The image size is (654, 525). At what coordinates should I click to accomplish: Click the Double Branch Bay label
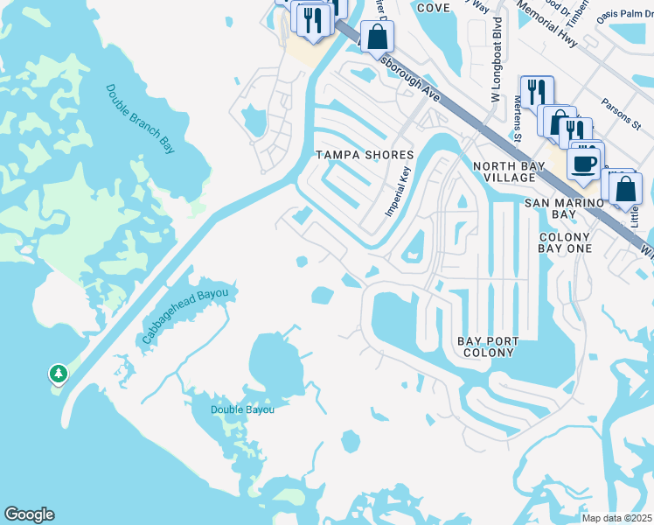tap(141, 118)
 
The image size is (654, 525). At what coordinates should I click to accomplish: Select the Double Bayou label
tap(242, 409)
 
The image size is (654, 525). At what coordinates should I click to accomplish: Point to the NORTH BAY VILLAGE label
tap(503, 171)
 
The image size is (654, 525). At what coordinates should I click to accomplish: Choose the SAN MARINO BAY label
tap(564, 208)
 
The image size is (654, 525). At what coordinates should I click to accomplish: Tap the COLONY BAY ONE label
tap(565, 242)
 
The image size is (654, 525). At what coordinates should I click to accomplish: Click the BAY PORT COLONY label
tap(489, 346)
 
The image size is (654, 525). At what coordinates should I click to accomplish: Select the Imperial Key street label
tap(398, 192)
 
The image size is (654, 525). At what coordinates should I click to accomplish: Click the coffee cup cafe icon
tap(583, 162)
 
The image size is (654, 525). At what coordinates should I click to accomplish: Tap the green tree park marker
tap(59, 374)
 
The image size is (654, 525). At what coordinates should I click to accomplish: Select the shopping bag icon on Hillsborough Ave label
tap(377, 38)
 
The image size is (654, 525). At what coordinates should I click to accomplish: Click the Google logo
tap(29, 514)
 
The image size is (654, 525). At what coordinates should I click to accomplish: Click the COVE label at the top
tap(433, 8)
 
